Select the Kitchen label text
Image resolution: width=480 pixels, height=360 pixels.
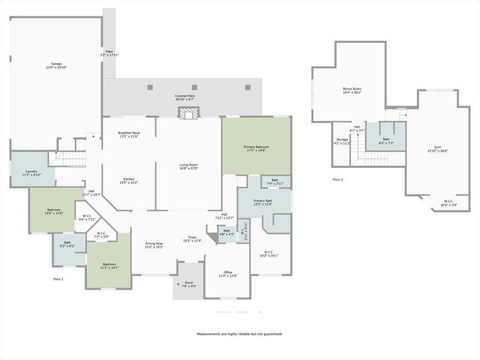pyautogui.click(x=128, y=181)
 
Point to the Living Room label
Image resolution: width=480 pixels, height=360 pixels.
pyautogui.click(x=188, y=166)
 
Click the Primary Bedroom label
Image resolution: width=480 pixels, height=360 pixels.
pyautogui.click(x=256, y=148)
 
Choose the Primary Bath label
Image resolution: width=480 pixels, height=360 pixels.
pyautogui.click(x=262, y=202)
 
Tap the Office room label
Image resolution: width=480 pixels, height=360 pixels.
pyautogui.click(x=228, y=274)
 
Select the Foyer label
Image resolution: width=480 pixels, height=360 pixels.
pyautogui.click(x=193, y=239)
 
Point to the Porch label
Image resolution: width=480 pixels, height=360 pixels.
pyautogui.click(x=188, y=284)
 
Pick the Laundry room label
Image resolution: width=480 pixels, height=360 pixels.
pyautogui.click(x=31, y=173)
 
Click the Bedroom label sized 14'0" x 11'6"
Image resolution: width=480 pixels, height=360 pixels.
pyautogui.click(x=54, y=211)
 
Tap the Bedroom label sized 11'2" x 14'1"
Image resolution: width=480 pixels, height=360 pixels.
pyautogui.click(x=109, y=266)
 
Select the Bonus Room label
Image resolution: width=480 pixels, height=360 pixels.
pyautogui.click(x=352, y=90)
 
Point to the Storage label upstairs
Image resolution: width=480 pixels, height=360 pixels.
pyautogui.click(x=342, y=141)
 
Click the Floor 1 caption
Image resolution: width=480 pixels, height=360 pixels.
pyautogui.click(x=58, y=279)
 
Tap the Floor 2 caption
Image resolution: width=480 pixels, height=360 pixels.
pyautogui.click(x=337, y=179)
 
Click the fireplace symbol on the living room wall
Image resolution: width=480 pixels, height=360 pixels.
pyautogui.click(x=188, y=112)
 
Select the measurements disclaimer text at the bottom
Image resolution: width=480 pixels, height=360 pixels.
pyautogui.click(x=239, y=334)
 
